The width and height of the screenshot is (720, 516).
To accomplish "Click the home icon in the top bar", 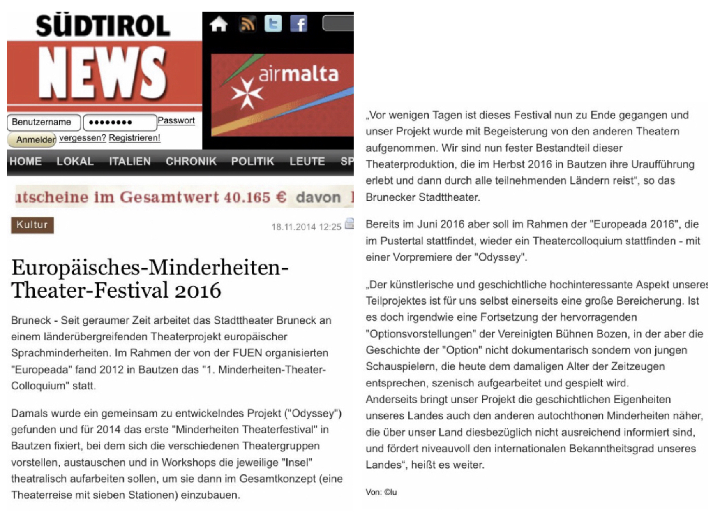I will [218, 24].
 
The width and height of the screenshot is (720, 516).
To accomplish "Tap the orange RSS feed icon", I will [247, 24].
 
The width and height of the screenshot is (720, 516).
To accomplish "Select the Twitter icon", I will [273, 24].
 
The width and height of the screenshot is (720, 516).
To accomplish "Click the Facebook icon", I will [299, 24].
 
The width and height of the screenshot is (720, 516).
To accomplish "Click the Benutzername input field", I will [44, 122].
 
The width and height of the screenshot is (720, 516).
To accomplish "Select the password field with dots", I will [120, 122].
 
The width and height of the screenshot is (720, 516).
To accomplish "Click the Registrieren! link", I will [134, 138].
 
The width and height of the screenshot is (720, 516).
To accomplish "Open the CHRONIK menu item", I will [191, 161].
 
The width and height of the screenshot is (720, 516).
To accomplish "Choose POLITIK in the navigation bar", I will [252, 161].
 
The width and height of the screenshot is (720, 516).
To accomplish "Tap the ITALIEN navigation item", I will [130, 161].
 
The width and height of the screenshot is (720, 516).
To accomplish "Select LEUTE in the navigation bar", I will [307, 161].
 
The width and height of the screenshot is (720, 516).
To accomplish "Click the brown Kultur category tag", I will [32, 225].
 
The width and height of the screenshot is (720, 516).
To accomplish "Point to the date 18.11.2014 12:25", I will [306, 227].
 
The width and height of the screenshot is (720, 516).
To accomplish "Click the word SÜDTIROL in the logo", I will [103, 26].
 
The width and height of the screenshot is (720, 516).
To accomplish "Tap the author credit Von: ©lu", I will [381, 492].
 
